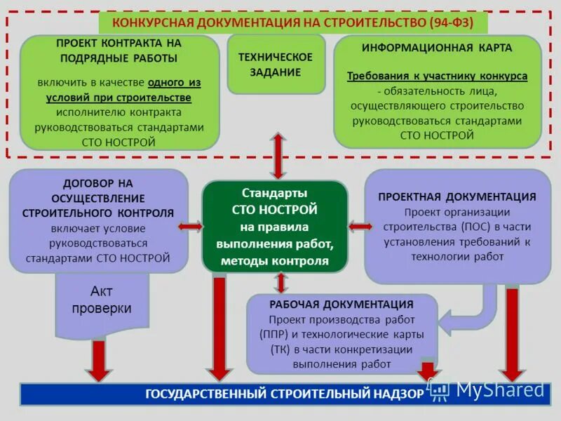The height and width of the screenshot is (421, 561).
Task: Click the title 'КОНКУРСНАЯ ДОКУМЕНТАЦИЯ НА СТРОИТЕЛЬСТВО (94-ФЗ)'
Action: [x=292, y=23]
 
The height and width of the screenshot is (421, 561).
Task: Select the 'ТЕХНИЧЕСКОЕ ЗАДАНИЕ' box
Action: [x=275, y=64]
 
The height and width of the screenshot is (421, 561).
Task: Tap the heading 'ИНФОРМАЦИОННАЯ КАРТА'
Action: [x=437, y=48]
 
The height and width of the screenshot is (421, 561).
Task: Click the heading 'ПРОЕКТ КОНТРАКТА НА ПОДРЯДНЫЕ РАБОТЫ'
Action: [x=119, y=51]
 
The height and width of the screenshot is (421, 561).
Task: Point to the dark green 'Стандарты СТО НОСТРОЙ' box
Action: [x=275, y=226]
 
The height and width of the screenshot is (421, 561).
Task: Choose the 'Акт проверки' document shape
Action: [x=102, y=300]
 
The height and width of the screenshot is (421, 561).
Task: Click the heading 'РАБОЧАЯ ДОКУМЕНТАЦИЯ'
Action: [x=342, y=305]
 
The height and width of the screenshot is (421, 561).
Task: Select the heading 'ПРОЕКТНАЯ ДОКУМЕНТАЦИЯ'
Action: [x=457, y=197]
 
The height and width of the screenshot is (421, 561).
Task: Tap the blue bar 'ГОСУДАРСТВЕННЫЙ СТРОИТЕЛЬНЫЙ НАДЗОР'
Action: [x=284, y=394]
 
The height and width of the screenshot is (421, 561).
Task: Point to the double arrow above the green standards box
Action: [x=278, y=155]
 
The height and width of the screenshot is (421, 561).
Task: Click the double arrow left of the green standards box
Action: [x=190, y=227]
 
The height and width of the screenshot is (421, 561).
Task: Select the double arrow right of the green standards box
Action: [x=360, y=226]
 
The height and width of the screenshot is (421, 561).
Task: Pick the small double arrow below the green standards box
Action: [x=281, y=282]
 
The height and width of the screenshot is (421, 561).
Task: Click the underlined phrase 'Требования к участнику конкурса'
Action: [x=437, y=76]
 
